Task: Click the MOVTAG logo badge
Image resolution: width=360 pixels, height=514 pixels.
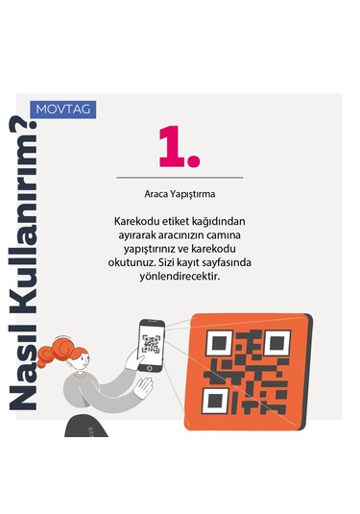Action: (x=62, y=109)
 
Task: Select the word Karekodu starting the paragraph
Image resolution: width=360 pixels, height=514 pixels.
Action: (x=136, y=220)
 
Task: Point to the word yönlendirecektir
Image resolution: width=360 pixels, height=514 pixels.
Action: (x=180, y=277)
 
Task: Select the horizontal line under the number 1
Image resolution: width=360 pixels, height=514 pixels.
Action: (x=180, y=178)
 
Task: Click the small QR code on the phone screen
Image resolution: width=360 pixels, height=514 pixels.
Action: (x=151, y=344)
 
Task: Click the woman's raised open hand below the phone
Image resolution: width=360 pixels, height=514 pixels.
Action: (x=143, y=388)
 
